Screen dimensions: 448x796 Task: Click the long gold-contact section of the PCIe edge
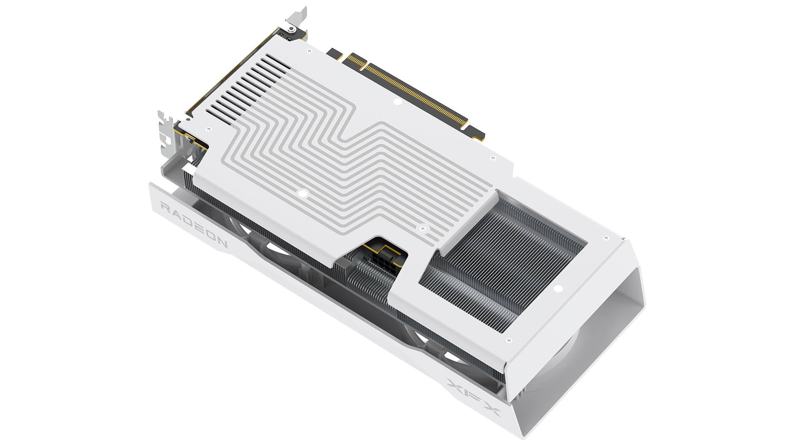(419, 93)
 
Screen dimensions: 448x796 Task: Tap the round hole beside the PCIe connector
(397, 101)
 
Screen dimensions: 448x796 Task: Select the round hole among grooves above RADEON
(303, 192)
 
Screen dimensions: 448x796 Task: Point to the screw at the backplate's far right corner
(607, 238)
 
